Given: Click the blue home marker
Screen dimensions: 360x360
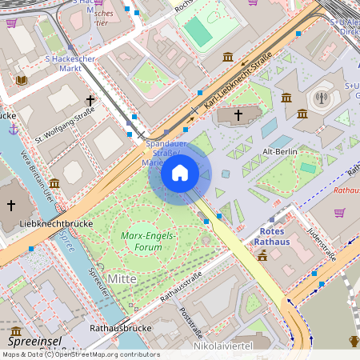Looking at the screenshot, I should (180, 173).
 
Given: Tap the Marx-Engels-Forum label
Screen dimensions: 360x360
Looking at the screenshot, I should (149, 241).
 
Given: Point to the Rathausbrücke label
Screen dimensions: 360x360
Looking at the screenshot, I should (121, 327).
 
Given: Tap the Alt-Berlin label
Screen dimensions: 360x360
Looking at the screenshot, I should (280, 151).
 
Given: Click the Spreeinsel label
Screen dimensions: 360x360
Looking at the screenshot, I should (34, 341).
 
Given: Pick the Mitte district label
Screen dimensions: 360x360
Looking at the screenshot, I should (122, 278).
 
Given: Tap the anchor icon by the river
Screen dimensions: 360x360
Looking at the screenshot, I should (13, 129).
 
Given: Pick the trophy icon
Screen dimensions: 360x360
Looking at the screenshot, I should (354, 342).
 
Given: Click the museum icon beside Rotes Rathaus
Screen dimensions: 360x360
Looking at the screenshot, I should (262, 255).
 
